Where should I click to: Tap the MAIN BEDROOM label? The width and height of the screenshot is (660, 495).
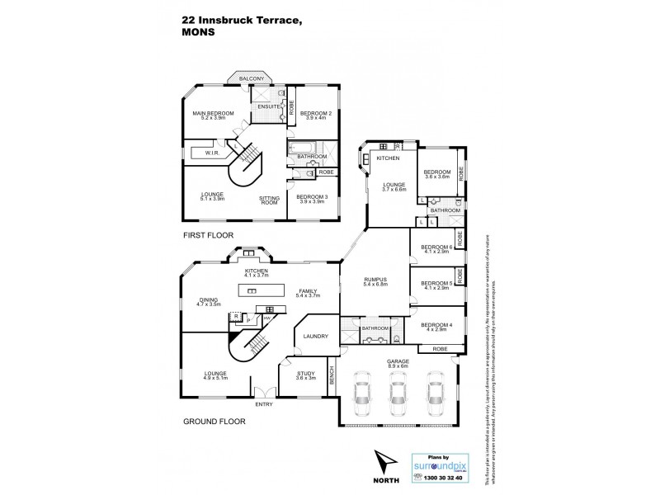coord(214,113)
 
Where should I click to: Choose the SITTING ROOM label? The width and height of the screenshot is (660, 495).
coord(269,200)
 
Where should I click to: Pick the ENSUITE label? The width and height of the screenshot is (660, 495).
coord(268,106)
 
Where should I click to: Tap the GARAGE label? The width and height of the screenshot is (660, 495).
coord(398,361)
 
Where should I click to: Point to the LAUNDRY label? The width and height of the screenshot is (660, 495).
coord(316,336)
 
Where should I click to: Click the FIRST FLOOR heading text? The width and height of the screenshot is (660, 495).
coord(205,235)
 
